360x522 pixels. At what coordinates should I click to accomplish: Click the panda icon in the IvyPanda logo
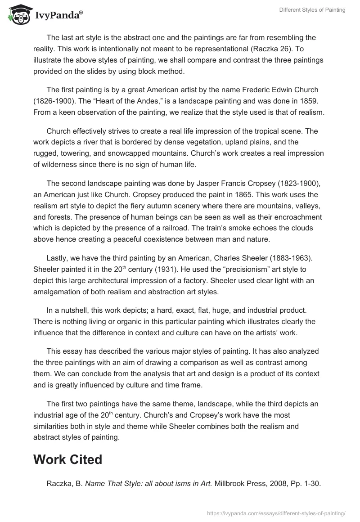coord(18,14)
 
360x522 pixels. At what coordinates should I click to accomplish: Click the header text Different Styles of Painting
coord(312,10)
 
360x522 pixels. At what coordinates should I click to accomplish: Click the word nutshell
coord(72,310)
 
